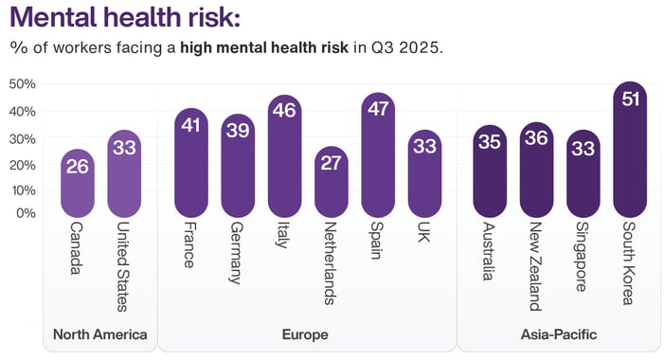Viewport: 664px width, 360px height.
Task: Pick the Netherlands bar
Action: [x=331, y=183]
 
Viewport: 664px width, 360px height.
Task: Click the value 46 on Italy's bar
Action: [x=284, y=111]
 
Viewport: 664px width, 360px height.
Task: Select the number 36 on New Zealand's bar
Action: [x=536, y=137]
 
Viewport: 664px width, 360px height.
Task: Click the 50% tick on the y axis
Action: [x=22, y=84]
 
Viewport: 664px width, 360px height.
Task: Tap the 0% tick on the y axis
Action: [x=26, y=212]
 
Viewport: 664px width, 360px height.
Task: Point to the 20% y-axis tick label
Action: [x=22, y=165]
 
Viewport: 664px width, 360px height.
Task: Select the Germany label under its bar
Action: [x=237, y=253]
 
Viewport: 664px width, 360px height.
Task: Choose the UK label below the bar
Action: [x=423, y=234]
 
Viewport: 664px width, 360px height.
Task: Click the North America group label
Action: [x=99, y=334]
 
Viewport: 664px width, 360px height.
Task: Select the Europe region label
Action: [x=305, y=334]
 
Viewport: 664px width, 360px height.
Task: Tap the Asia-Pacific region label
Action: [x=559, y=334]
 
